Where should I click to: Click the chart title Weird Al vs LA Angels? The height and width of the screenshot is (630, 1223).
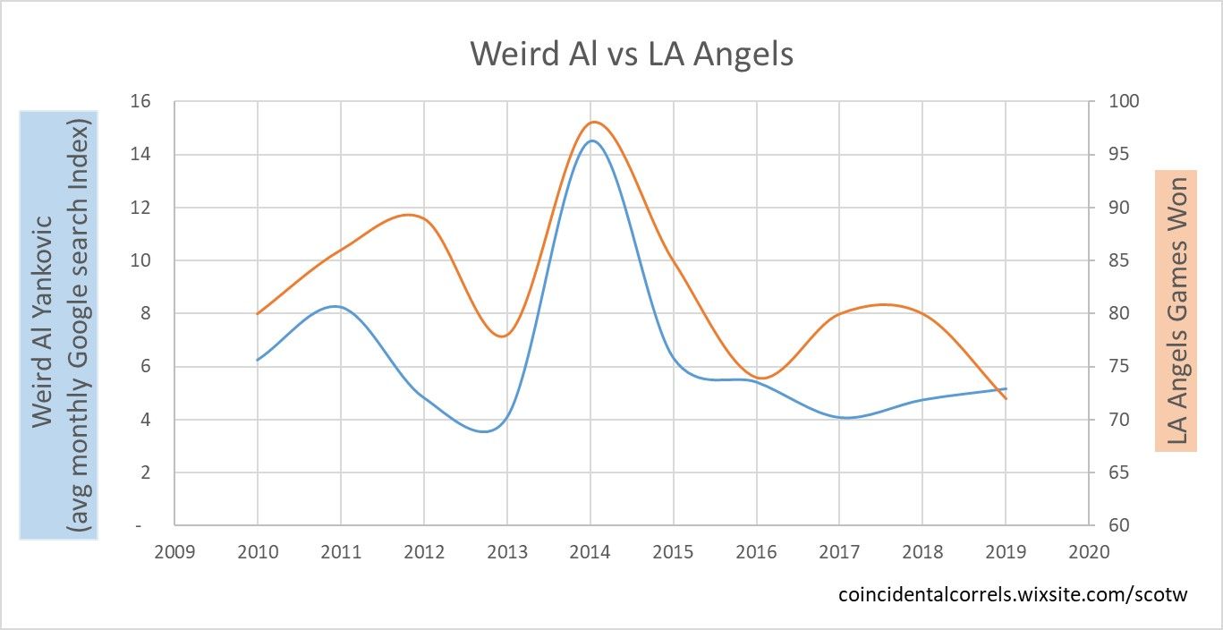(632, 54)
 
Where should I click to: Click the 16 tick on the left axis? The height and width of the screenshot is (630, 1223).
(140, 101)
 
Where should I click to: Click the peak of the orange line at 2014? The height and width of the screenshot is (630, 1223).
(591, 122)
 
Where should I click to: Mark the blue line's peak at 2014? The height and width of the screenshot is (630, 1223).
(591, 140)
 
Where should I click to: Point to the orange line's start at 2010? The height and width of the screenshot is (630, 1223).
(258, 313)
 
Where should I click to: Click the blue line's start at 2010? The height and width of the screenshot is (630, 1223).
(258, 360)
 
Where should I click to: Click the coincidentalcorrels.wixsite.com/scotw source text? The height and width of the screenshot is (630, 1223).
(1013, 594)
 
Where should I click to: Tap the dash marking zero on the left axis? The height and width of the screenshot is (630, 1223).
(139, 525)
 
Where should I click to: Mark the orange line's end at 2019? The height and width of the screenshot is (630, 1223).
(1006, 398)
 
